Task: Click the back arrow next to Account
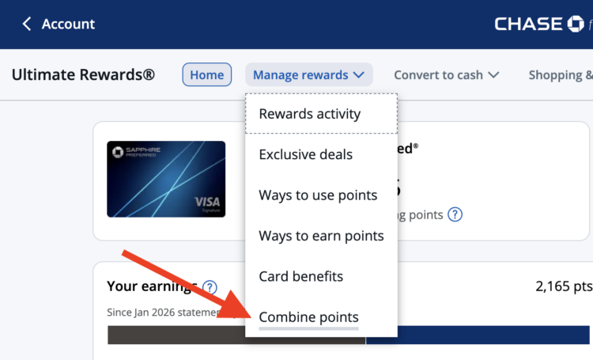27,24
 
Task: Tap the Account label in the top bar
68,24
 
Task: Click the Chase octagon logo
575,24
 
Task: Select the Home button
207,75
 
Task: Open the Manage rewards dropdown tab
308,75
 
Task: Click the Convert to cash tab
447,75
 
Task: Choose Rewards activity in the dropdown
309,114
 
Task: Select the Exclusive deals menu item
305,154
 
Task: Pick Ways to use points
318,195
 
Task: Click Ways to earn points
321,236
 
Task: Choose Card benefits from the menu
300,276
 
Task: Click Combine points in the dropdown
308,317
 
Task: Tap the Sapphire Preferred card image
166,179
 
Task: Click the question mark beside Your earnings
210,287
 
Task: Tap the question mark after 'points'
455,214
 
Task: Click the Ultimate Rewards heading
83,75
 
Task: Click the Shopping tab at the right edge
560,75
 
